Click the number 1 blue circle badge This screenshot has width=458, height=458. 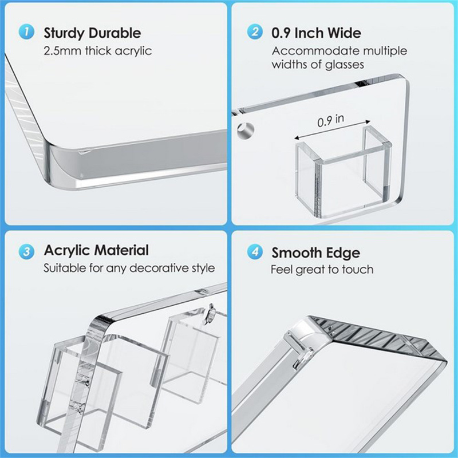tap(26, 32)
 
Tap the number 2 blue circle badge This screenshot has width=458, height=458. tap(255, 31)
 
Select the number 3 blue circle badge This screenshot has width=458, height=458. tap(26, 251)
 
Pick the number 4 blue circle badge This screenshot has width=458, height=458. tap(255, 252)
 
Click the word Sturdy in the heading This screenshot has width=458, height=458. tap(64, 33)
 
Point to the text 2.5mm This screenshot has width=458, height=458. tap(62, 51)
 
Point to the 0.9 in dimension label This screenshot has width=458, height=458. tap(331, 120)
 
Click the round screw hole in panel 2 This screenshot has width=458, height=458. tap(246, 131)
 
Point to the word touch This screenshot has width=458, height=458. tap(358, 269)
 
